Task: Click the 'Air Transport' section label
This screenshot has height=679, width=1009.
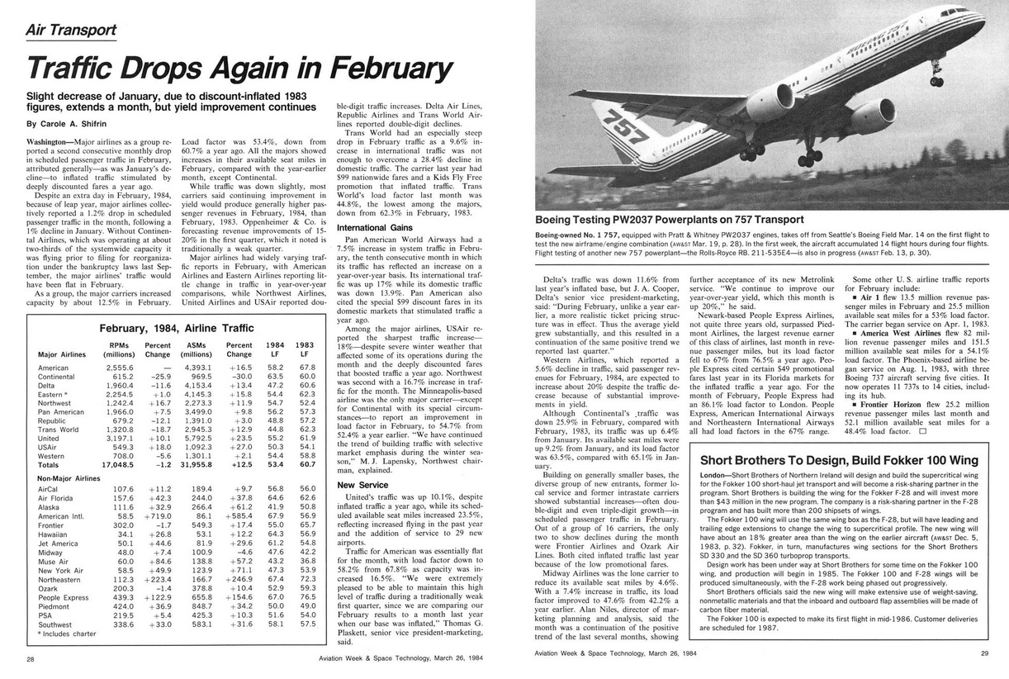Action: [71, 30]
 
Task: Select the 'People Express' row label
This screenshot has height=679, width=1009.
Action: [63, 597]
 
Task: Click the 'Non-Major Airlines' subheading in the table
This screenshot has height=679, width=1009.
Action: [70, 477]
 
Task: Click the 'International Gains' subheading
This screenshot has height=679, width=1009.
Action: [375, 227]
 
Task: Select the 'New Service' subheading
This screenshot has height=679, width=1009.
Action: [362, 485]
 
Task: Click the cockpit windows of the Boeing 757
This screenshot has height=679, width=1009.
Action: [955, 14]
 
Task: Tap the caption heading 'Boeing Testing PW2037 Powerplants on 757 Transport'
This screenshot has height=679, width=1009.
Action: [669, 220]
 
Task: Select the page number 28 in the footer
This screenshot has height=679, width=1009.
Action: [31, 658]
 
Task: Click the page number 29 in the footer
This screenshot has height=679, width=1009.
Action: [983, 653]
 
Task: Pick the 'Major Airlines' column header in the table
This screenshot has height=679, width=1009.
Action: [62, 354]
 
